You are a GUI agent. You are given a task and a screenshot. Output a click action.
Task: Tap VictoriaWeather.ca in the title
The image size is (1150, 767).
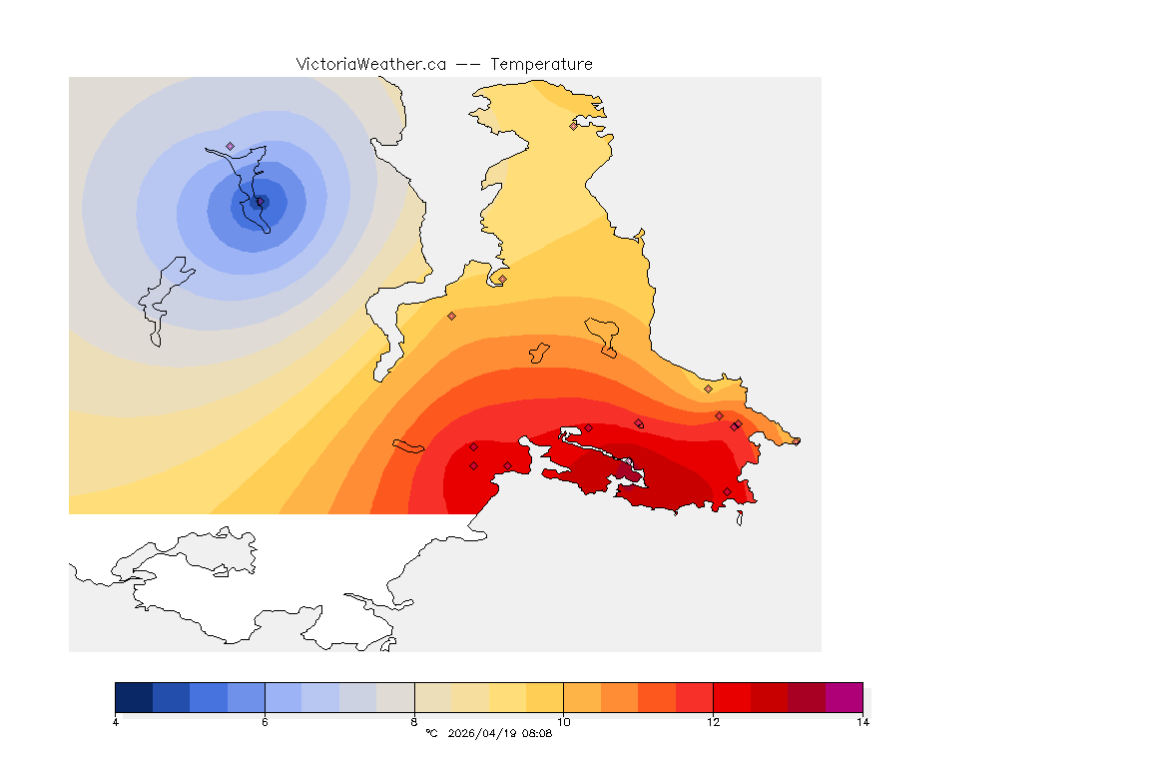[x=370, y=64]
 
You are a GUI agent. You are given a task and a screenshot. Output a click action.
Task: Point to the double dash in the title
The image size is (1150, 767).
[x=468, y=64]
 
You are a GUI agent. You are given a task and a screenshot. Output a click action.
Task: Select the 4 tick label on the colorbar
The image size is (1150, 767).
[x=116, y=722]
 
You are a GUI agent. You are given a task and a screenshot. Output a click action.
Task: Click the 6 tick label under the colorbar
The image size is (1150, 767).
[x=265, y=722]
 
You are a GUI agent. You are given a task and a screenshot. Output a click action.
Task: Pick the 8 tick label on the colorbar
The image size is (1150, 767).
[x=414, y=722]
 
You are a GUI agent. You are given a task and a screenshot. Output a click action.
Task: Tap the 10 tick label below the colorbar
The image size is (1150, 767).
[x=563, y=722]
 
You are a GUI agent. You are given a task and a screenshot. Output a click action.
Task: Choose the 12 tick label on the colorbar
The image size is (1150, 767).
[x=713, y=722]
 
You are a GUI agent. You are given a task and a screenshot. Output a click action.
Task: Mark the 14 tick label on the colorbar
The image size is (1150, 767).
[x=862, y=722]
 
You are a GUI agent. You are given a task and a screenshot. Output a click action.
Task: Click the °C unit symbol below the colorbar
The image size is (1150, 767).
[x=431, y=733]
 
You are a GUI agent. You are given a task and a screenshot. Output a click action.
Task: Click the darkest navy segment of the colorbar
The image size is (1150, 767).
[x=134, y=697]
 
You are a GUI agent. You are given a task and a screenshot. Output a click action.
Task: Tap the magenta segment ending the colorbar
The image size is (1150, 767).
[x=844, y=697]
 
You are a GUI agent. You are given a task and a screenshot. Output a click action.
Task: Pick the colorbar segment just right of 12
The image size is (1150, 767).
[x=732, y=697]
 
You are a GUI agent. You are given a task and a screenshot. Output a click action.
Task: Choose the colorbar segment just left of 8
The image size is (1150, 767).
[x=395, y=697]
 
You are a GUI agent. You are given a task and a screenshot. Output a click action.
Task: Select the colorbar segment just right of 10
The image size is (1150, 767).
[x=582, y=697]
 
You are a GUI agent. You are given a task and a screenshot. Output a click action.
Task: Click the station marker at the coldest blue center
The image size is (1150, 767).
[x=261, y=202]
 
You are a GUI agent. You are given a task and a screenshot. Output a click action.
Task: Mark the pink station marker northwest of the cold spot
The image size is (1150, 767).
[x=231, y=147]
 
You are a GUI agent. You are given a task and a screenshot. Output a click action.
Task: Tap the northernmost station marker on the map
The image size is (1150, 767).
[x=573, y=126]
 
